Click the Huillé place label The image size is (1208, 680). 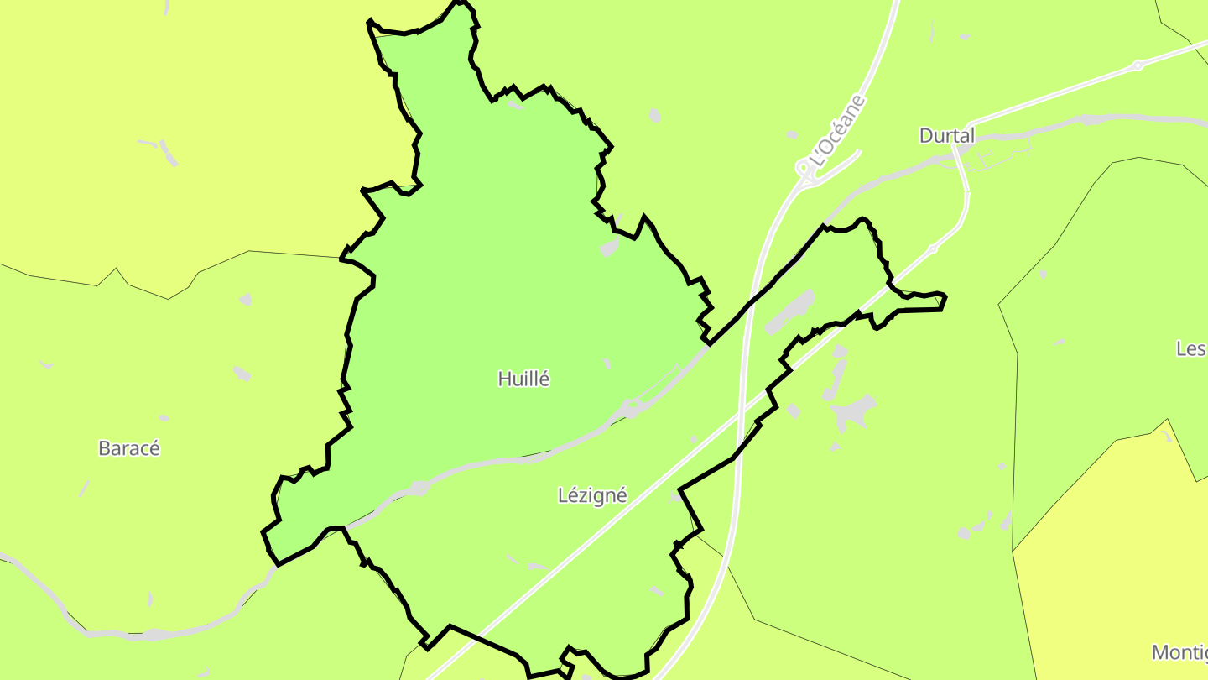pyautogui.click(x=523, y=379)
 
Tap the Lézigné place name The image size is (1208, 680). pyautogui.click(x=592, y=495)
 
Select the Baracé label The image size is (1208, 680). pyautogui.click(x=129, y=448)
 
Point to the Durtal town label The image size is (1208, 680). pyautogui.click(x=947, y=136)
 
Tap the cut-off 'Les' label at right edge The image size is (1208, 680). pyautogui.click(x=1191, y=348)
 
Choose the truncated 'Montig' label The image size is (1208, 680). pyautogui.click(x=1179, y=652)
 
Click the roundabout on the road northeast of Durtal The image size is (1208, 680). pyautogui.click(x=1138, y=65)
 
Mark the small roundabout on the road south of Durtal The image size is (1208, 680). pyautogui.click(x=932, y=249)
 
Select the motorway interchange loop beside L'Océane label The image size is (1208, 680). pyautogui.click(x=805, y=170)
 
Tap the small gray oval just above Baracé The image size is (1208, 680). pyautogui.click(x=164, y=418)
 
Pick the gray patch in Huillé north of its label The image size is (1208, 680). pyautogui.click(x=610, y=247)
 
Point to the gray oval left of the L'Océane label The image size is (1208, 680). pyautogui.click(x=792, y=134)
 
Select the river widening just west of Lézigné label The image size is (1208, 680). pyautogui.click(x=419, y=488)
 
